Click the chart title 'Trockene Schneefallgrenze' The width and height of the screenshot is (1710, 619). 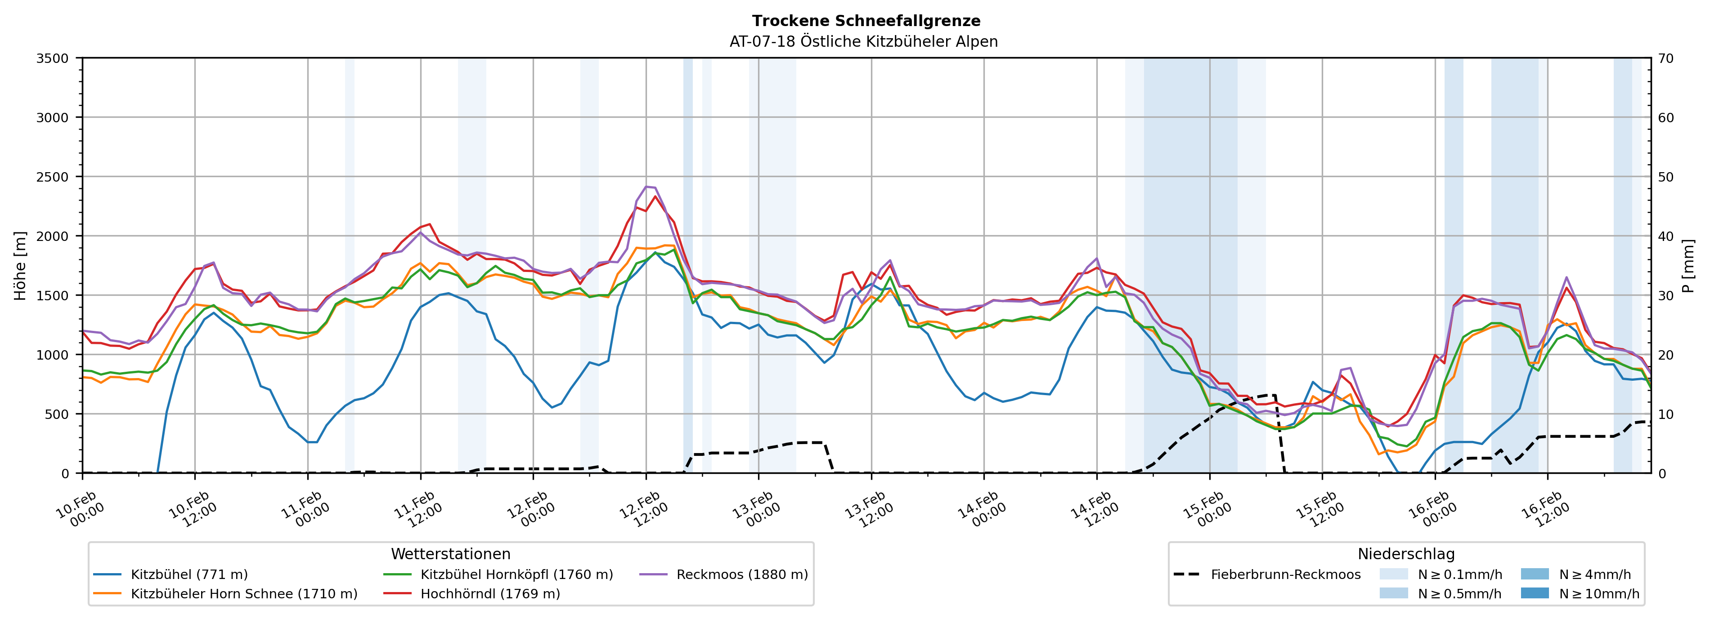pos(866,21)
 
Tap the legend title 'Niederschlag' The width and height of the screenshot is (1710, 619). pos(1405,554)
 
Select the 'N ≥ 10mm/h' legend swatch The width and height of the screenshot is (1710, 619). pos(1534,593)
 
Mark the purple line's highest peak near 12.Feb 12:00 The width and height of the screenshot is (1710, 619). pos(647,187)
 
